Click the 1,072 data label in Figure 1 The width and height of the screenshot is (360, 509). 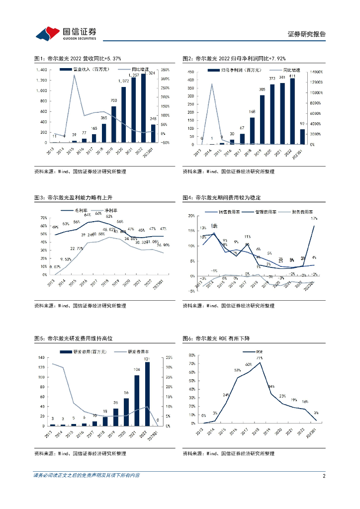click(x=123, y=81)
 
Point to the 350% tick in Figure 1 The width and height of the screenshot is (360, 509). click(x=166, y=70)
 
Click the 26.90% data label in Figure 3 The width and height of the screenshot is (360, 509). click(x=164, y=245)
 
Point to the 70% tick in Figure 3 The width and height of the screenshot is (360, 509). click(x=44, y=218)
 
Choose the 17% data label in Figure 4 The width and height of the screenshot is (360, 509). click(x=314, y=219)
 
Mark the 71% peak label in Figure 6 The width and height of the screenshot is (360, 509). click(x=260, y=358)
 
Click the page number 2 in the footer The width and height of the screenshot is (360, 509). click(x=324, y=476)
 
